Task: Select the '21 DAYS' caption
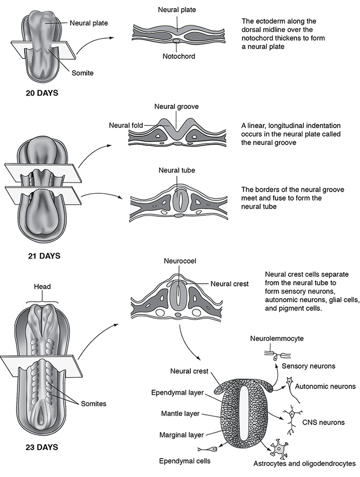[x=44, y=255]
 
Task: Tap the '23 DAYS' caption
[x=42, y=447]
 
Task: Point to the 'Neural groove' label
[x=176, y=107]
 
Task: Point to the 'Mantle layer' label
[x=179, y=413]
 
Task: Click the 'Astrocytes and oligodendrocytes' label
[x=304, y=463]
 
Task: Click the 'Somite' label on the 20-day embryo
[x=82, y=73]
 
